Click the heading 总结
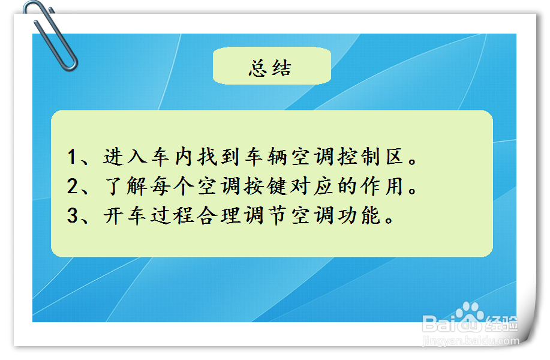(271, 68)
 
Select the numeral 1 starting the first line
(73, 158)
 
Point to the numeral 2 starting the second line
(73, 187)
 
